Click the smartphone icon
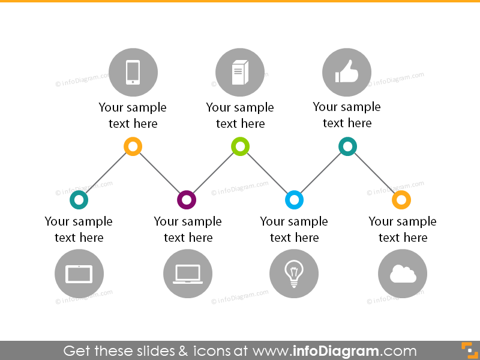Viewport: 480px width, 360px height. click(x=133, y=73)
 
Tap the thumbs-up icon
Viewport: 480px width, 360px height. click(x=347, y=73)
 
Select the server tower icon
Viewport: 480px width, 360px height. click(x=239, y=73)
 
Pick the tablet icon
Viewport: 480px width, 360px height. click(x=79, y=274)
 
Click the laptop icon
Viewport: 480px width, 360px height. click(x=188, y=274)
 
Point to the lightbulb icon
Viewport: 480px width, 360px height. click(x=294, y=274)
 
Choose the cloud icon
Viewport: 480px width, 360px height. click(x=403, y=274)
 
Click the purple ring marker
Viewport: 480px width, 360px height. click(x=187, y=200)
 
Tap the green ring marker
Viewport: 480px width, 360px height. click(x=240, y=146)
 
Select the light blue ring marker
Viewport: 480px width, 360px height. click(x=294, y=200)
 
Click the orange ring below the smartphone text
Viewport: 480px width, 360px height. click(x=133, y=146)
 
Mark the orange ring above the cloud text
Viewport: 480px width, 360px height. click(x=401, y=200)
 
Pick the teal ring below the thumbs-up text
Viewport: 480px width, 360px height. click(x=347, y=146)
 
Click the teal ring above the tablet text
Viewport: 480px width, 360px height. click(x=79, y=200)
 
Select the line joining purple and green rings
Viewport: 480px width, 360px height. click(x=213, y=173)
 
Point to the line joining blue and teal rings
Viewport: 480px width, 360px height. click(x=321, y=173)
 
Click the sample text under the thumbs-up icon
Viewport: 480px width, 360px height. click(x=347, y=115)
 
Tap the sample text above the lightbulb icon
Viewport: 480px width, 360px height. click(x=294, y=229)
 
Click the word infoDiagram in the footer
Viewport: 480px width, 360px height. click(x=335, y=351)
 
